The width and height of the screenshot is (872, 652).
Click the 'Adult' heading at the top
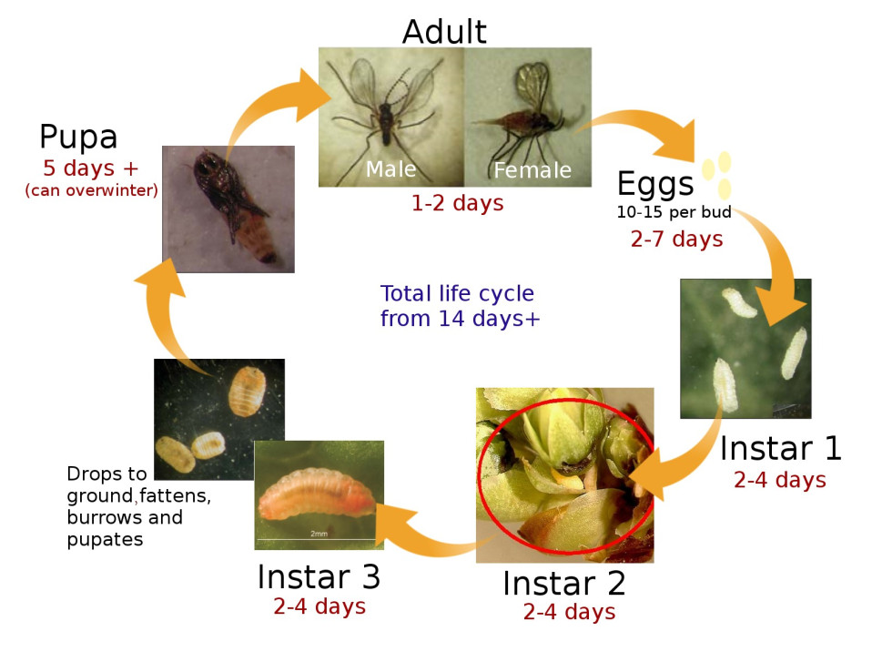tap(444, 32)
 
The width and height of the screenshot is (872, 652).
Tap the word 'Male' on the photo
tap(390, 169)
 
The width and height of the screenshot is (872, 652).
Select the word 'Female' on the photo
tap(532, 170)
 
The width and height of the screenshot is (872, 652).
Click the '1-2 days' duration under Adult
tap(457, 203)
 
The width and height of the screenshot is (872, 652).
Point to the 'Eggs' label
tap(655, 184)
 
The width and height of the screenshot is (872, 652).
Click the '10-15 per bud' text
tap(674, 213)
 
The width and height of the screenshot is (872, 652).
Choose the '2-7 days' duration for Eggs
tap(676, 239)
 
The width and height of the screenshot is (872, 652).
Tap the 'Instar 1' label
tap(780, 449)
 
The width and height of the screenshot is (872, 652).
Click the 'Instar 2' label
tap(563, 583)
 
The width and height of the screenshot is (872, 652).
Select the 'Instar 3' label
tap(319, 577)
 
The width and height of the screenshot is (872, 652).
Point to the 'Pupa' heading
tap(78, 138)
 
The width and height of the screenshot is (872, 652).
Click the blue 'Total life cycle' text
tap(457, 294)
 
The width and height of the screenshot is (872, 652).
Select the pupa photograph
tap(228, 209)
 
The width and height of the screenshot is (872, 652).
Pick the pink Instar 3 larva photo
tap(319, 494)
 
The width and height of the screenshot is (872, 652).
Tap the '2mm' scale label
tap(319, 532)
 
